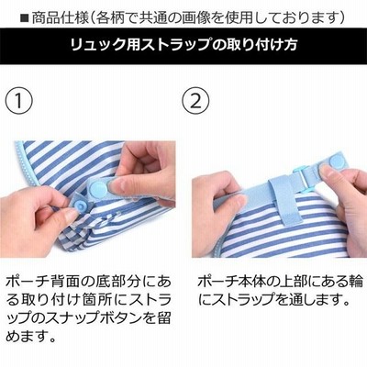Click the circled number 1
(x=19, y=101)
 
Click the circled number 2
(x=196, y=101)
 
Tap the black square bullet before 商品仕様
(x=24, y=18)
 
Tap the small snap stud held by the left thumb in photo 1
(x=80, y=203)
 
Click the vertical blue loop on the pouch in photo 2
(x=281, y=201)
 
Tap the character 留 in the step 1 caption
(x=163, y=318)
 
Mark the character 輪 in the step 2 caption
(x=356, y=282)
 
